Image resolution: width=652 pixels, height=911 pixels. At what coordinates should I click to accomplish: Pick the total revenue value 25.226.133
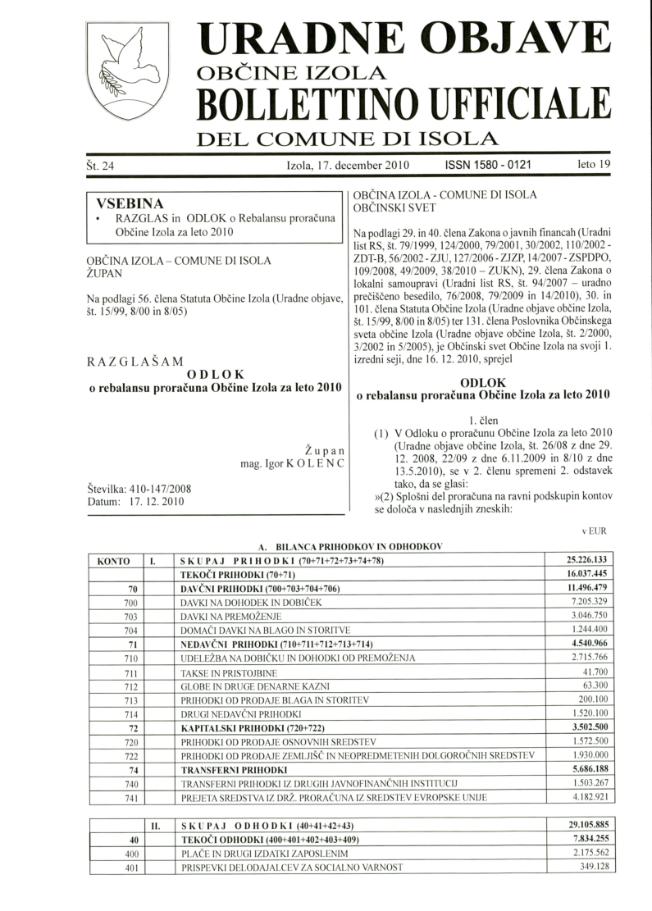click(x=584, y=561)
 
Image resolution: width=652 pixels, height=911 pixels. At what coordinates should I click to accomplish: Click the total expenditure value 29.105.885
click(x=584, y=825)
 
